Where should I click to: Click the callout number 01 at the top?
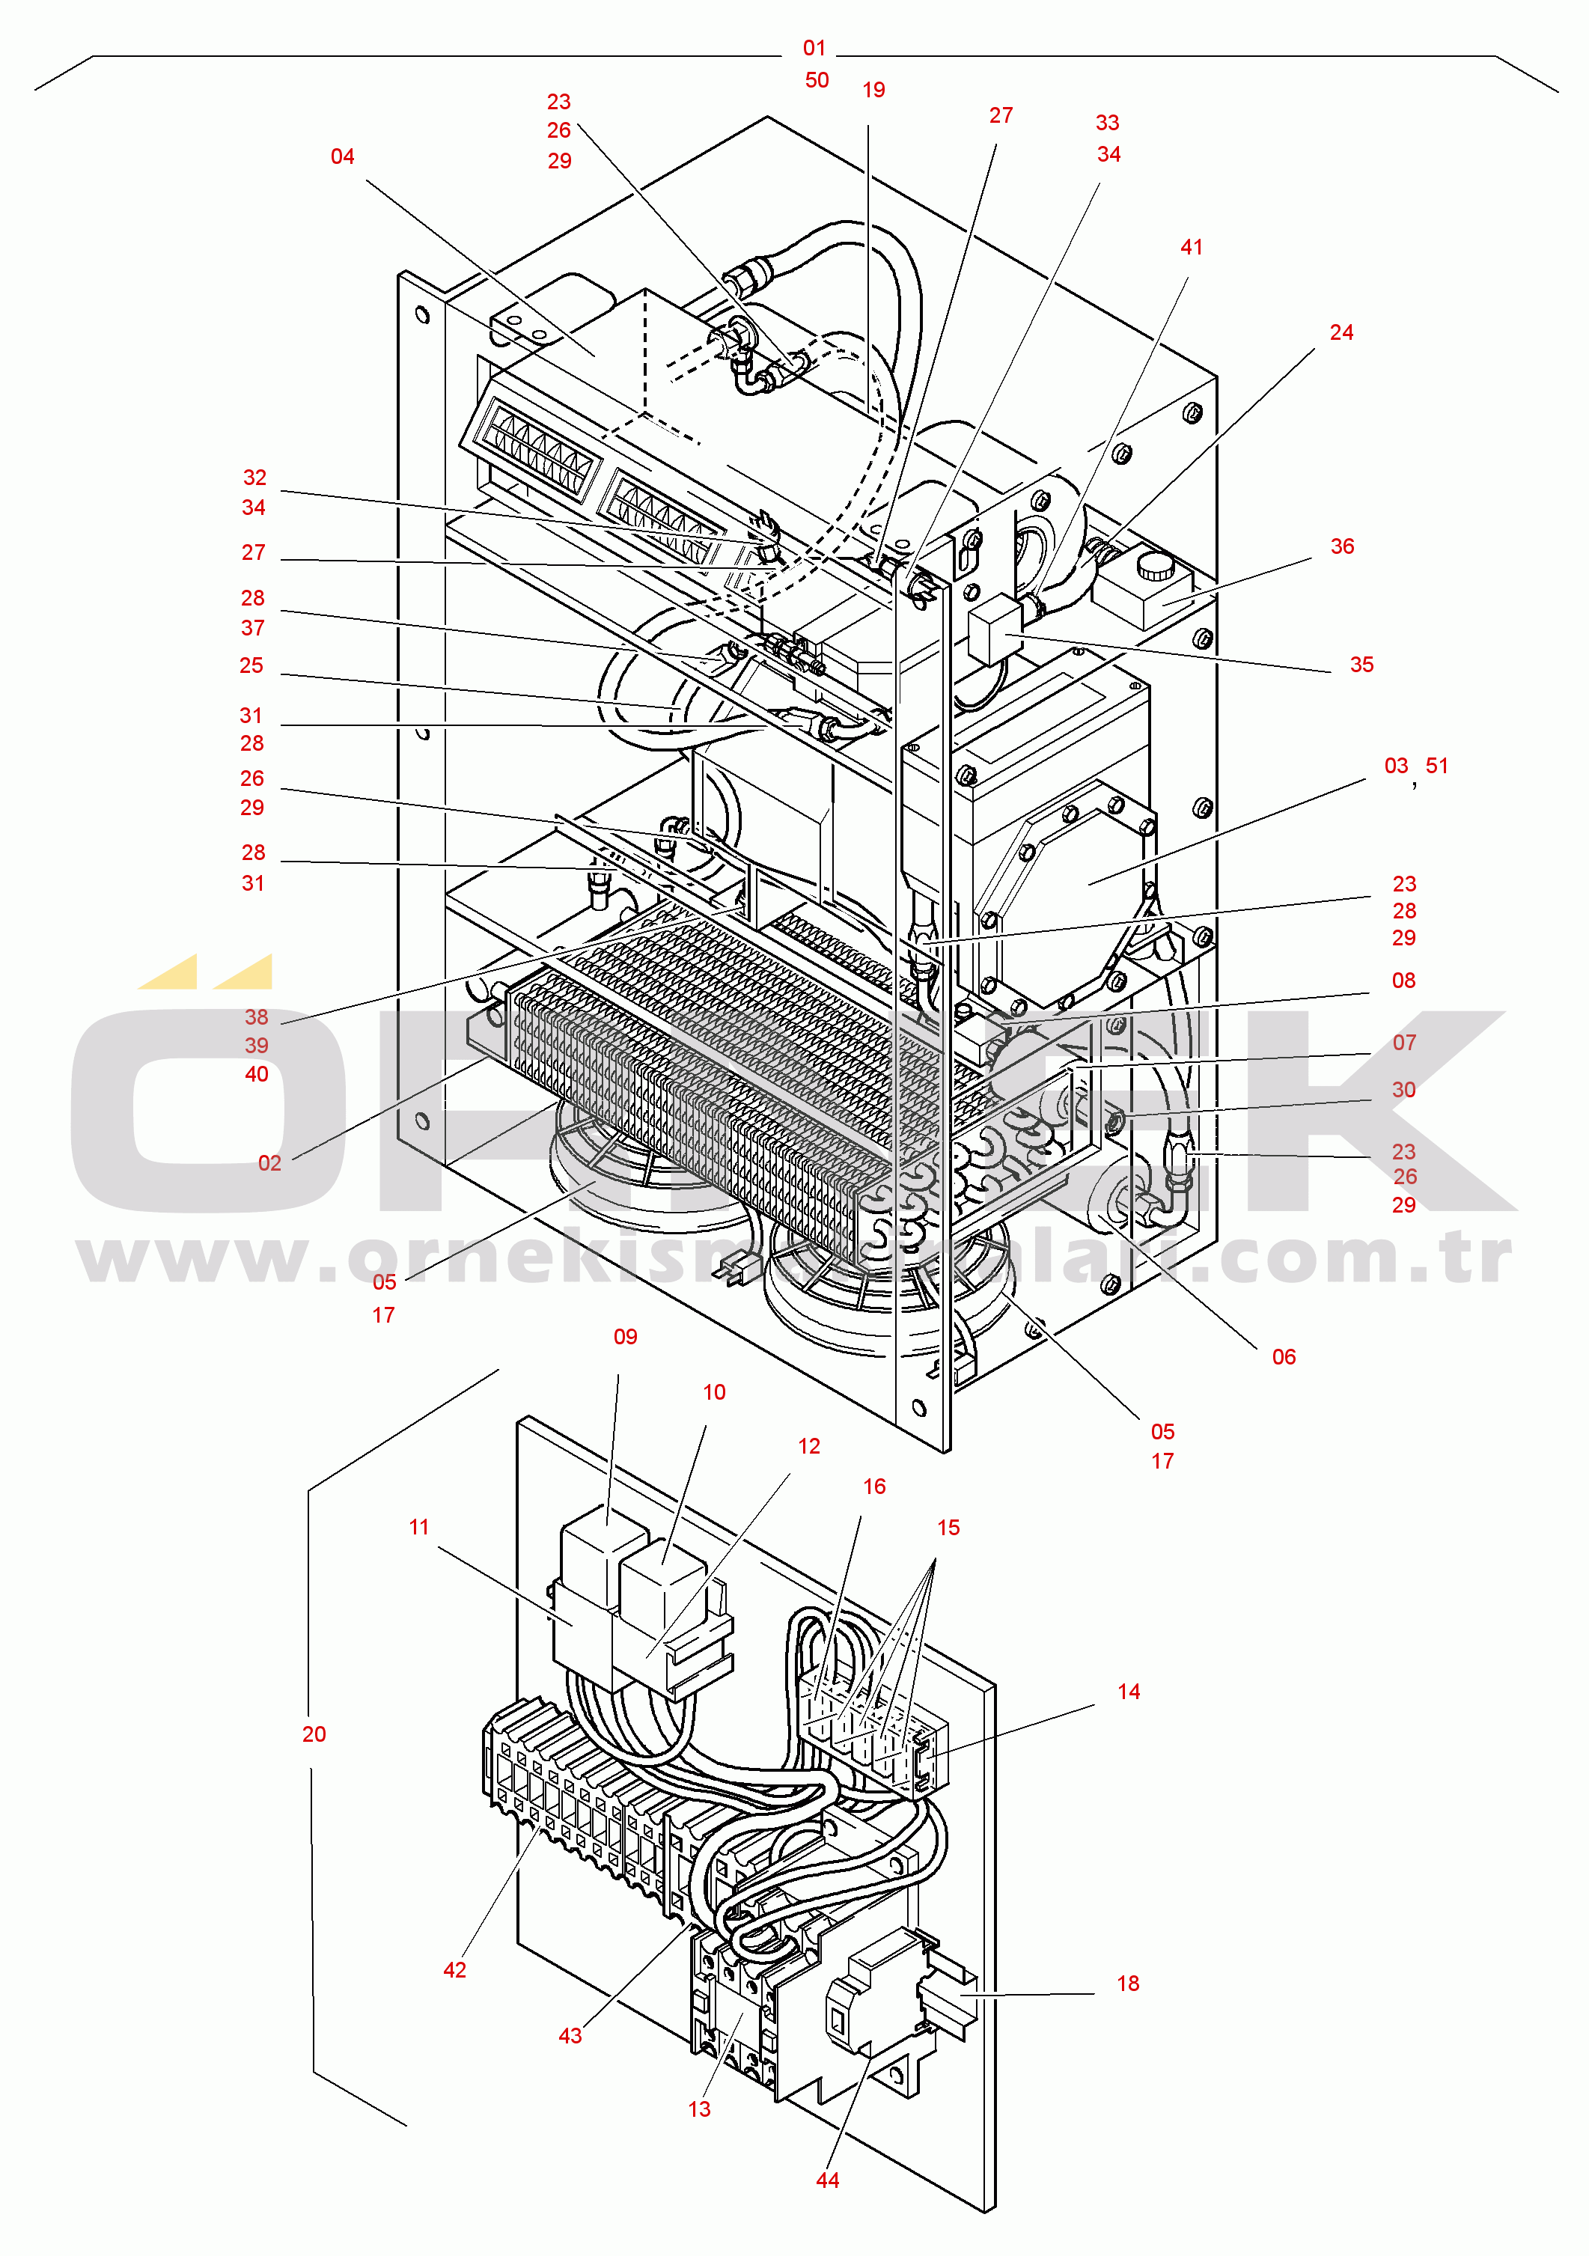click(814, 48)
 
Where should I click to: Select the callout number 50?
click(817, 81)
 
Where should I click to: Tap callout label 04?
click(342, 157)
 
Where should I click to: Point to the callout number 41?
click(1191, 248)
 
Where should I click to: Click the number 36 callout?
click(1341, 546)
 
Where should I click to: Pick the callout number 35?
click(1361, 665)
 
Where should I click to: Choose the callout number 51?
click(1436, 766)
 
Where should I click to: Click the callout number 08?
click(1403, 981)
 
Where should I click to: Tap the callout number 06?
click(1284, 1357)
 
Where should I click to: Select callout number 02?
click(269, 1163)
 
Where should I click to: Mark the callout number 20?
click(314, 1734)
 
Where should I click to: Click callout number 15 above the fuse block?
click(948, 1528)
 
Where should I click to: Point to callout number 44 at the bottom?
click(827, 2180)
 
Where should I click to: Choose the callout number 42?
click(454, 1970)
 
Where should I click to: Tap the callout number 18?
click(1127, 1984)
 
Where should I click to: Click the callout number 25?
click(251, 666)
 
